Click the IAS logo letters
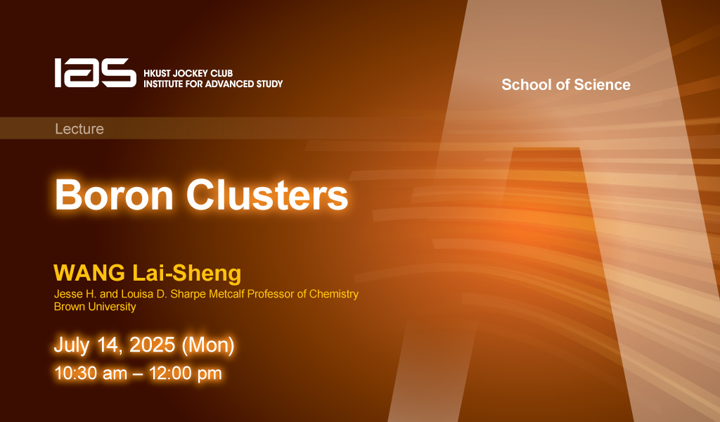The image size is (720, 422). [96, 72]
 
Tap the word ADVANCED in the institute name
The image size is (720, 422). [224, 84]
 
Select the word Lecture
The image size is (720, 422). [79, 129]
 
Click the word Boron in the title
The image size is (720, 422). [114, 195]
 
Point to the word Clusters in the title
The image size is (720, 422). [266, 195]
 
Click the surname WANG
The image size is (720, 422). [89, 273]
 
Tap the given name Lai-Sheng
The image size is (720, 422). [186, 274]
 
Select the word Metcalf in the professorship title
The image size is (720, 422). [227, 294]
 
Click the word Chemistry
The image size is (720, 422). [334, 294]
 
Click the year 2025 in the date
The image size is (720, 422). [152, 345]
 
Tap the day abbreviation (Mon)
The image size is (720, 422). [208, 345]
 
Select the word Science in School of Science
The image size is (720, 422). [602, 84]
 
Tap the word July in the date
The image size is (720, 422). [72, 345]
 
